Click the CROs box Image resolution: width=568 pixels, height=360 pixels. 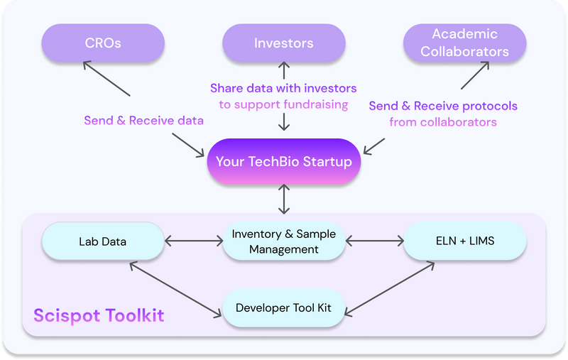103,43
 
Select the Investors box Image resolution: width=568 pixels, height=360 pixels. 283,43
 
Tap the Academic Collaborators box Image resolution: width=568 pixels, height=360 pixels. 464,43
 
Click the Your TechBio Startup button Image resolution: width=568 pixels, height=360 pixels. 283,162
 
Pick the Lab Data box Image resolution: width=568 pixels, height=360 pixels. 103,241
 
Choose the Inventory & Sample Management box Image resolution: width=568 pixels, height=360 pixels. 283,241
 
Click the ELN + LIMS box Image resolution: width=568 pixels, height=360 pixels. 464,241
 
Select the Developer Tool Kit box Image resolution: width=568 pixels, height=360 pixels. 283,308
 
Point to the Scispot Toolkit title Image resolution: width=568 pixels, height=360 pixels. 99,315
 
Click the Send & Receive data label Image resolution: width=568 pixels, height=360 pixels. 143,121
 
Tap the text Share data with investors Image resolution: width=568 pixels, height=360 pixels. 283,89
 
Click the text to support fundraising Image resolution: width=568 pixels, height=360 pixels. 283,104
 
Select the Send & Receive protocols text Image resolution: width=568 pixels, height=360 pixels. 442,106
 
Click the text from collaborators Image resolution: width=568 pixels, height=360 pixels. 442,122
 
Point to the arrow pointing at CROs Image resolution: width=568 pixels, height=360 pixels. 106,78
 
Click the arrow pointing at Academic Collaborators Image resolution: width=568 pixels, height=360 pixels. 475,75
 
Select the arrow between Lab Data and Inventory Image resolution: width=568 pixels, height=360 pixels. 193,241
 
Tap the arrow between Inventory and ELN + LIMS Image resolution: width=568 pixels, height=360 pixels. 374,241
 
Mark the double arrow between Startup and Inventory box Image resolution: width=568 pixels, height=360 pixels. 284,200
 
